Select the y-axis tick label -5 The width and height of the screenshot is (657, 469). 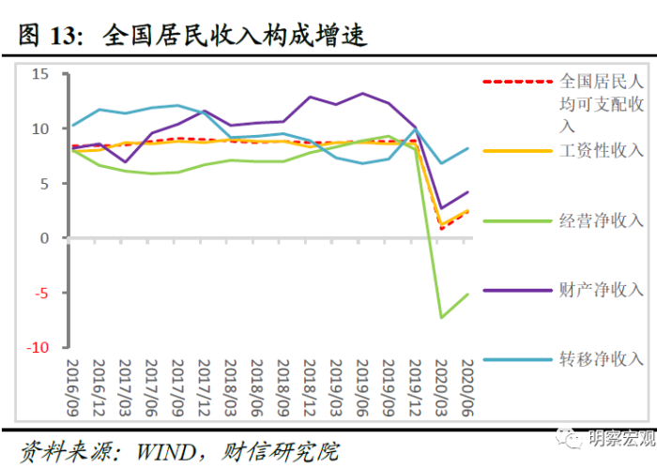[38, 293]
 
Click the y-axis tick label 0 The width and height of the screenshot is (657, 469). [43, 238]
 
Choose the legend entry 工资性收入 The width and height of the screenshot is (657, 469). [601, 150]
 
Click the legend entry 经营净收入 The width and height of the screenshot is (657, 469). [601, 220]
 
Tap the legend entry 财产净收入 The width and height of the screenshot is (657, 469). [601, 290]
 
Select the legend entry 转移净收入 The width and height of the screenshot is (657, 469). [601, 359]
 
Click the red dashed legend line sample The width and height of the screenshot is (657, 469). [516, 82]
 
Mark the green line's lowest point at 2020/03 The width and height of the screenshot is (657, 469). [442, 317]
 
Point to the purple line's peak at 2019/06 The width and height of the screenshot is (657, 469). [362, 93]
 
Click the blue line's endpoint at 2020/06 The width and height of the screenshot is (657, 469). [468, 148]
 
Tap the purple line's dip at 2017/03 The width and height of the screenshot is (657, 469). [126, 162]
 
